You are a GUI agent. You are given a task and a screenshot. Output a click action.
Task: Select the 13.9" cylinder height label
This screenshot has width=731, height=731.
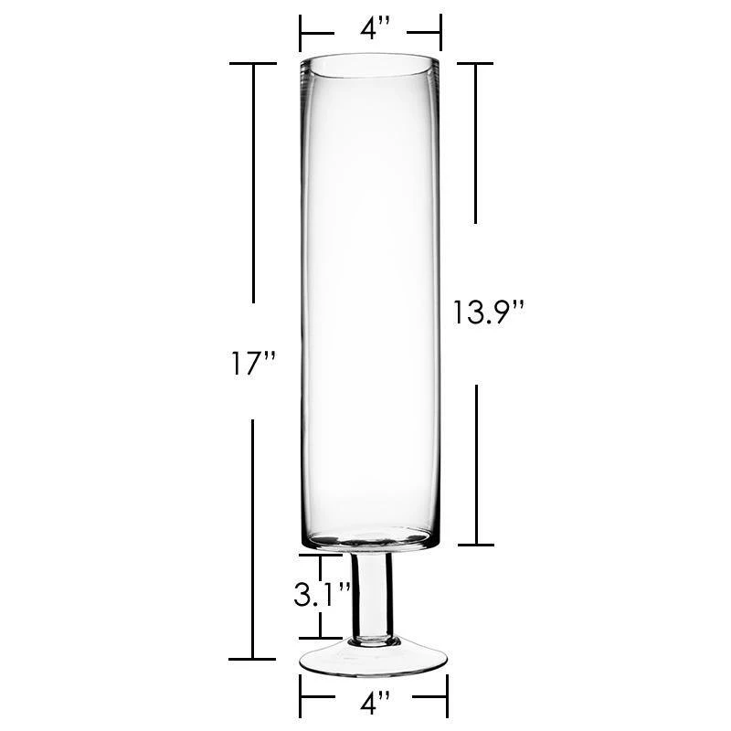tap(489, 312)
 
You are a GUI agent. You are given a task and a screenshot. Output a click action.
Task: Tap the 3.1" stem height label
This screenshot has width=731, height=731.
tap(322, 594)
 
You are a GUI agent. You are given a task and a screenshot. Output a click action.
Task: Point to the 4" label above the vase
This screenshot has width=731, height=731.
tap(375, 29)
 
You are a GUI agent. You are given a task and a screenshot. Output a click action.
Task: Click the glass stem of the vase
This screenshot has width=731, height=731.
tap(372, 598)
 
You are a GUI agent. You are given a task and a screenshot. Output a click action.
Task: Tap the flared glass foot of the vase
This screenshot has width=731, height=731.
tap(373, 658)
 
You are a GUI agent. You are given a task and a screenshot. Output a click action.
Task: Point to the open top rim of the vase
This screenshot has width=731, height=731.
tap(371, 65)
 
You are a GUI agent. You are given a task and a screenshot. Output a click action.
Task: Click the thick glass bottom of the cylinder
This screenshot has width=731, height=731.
tap(371, 540)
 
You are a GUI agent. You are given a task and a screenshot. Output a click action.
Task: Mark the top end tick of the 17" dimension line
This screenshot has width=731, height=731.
tap(253, 63)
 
